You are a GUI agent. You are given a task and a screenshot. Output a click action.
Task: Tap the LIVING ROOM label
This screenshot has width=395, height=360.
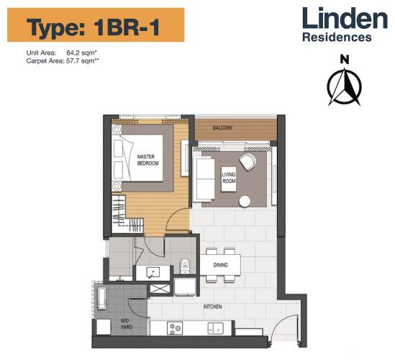tap(229, 176)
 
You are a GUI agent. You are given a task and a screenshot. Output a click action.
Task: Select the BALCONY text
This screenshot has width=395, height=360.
tap(222, 128)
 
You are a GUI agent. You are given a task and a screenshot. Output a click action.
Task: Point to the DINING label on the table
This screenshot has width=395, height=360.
tap(221, 265)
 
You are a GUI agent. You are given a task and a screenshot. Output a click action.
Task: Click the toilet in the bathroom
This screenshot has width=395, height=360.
tap(184, 266)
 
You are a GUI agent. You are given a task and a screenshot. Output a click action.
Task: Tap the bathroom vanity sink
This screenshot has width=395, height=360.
tap(153, 272)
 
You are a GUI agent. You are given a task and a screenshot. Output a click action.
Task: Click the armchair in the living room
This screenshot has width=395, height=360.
tap(248, 163)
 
